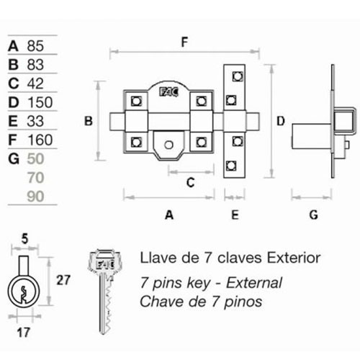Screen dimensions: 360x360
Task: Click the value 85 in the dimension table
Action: click(x=35, y=46)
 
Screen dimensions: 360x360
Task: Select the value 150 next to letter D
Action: click(x=40, y=102)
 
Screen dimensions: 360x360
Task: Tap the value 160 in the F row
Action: click(x=40, y=140)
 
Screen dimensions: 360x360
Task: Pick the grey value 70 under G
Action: click(x=35, y=178)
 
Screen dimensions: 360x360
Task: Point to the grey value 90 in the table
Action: click(x=35, y=197)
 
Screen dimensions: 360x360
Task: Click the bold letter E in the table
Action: click(x=13, y=121)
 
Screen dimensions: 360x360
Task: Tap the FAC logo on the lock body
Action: click(x=169, y=92)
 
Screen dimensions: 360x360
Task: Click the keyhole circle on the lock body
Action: click(x=168, y=145)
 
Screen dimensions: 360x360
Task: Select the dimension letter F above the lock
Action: click(x=184, y=42)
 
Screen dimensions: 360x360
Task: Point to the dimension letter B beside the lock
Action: click(x=89, y=121)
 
